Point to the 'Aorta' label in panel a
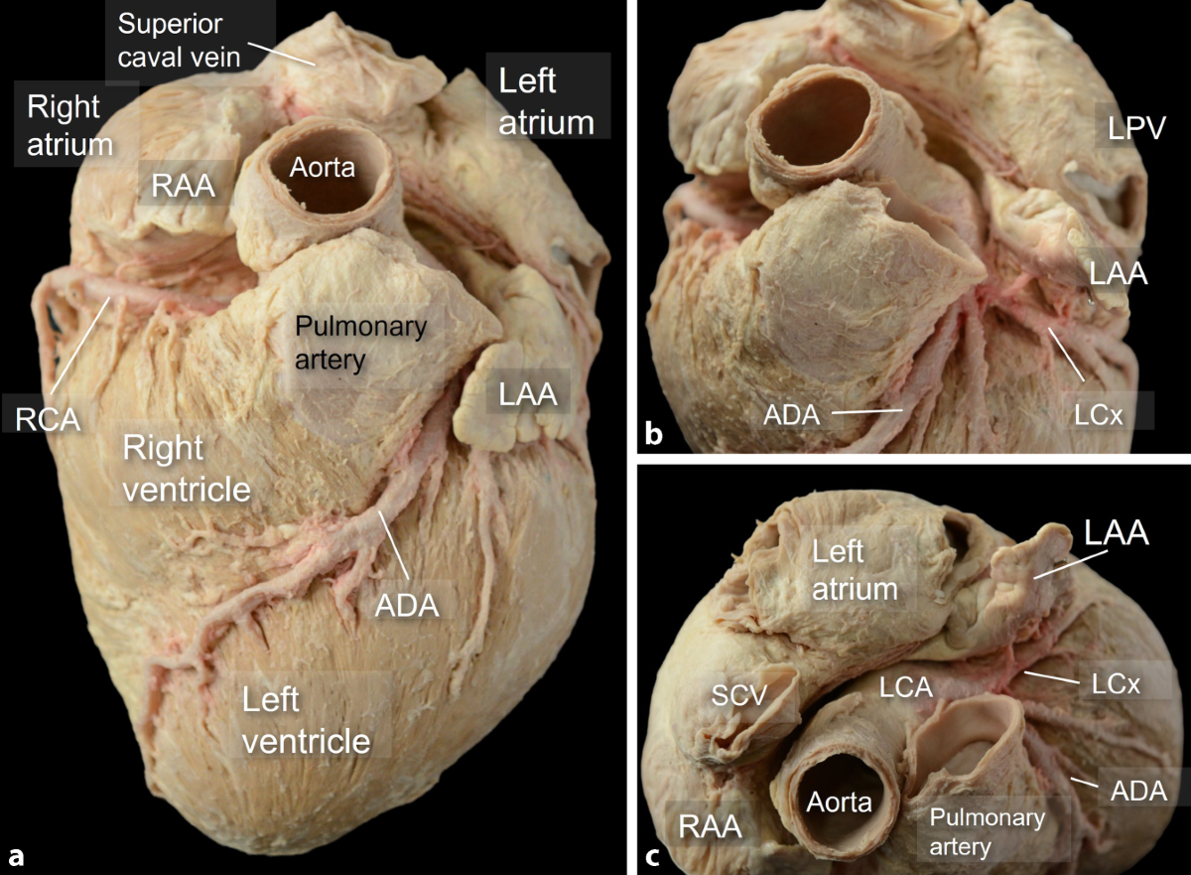322,168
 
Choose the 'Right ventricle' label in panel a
186,468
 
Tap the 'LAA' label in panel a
522,396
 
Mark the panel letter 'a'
17,855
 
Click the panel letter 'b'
654,433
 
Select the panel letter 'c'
654,855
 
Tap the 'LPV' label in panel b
1123,127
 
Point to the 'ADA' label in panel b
791,415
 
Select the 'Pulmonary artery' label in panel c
987,832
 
